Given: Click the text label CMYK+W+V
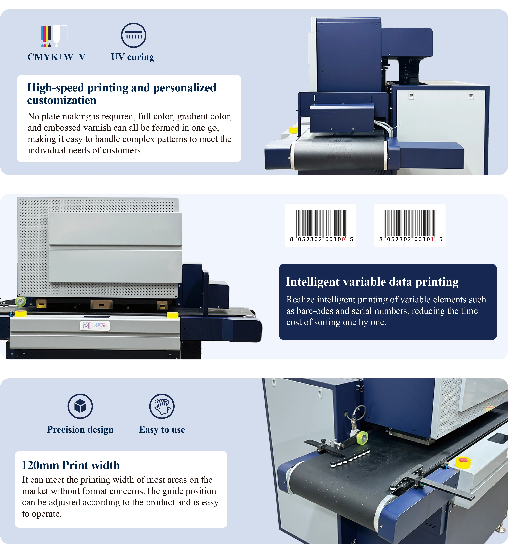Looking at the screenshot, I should (56, 57).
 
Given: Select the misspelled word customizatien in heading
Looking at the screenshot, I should (62, 100).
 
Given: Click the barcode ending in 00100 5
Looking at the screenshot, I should (321, 225).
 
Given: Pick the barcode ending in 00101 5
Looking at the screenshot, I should (410, 225).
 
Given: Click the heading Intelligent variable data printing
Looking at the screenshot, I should (372, 282).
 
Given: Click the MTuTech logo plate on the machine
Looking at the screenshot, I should (95, 326).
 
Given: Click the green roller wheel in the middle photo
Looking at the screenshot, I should (20, 301).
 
